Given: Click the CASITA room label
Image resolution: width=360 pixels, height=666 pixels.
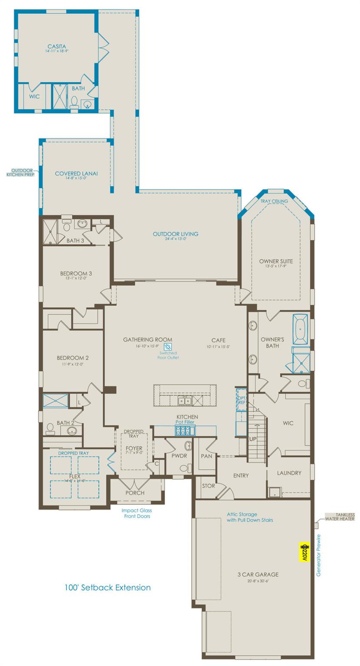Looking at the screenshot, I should pyautogui.click(x=56, y=46).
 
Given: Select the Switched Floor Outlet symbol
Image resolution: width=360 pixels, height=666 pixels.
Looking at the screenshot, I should pyautogui.click(x=168, y=347).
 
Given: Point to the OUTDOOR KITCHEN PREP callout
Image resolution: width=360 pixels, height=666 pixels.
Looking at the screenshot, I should pyautogui.click(x=23, y=172).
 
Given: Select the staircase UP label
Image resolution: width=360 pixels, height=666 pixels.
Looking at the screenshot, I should pyautogui.click(x=253, y=439).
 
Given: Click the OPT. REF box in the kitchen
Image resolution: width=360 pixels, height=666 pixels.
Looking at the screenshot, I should pyautogui.click(x=241, y=399).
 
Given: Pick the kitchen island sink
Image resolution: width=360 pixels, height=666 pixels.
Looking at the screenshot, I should pyautogui.click(x=185, y=402).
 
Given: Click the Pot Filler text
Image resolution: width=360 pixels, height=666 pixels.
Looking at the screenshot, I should pyautogui.click(x=185, y=422).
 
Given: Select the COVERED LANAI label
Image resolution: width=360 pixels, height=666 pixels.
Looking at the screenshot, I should pyautogui.click(x=76, y=173).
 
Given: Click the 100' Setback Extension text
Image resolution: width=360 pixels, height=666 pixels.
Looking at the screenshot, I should pyautogui.click(x=107, y=588).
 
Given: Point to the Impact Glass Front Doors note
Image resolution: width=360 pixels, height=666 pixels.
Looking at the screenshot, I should pyautogui.click(x=137, y=513).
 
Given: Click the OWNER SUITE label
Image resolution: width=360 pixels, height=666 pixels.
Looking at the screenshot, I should pyautogui.click(x=276, y=261).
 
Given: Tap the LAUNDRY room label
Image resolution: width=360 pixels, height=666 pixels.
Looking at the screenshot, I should pyautogui.click(x=289, y=473).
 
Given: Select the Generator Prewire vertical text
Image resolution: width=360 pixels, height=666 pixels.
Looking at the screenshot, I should pyautogui.click(x=319, y=555).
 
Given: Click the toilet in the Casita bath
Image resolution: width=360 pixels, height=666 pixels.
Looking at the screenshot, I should pyautogui.click(x=74, y=102).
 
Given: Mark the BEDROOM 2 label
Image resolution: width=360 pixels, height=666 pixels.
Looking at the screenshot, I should pyautogui.click(x=73, y=358).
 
